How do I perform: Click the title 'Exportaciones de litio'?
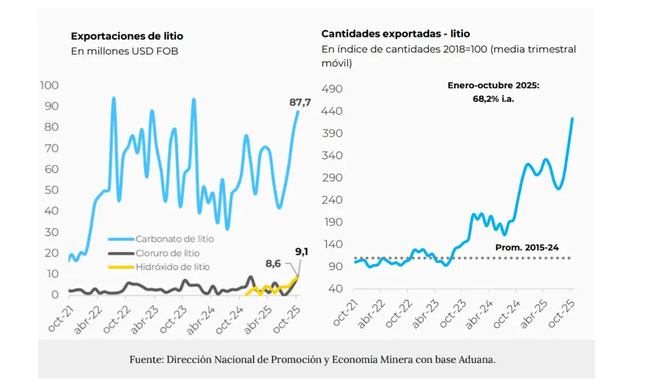point(127,36)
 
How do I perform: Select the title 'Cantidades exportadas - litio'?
point(395,34)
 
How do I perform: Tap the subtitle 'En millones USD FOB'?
point(124,51)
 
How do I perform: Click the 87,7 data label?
point(300,102)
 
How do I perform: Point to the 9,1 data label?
point(302,251)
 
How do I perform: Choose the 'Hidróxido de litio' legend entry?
point(173,266)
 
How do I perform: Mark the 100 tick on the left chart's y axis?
point(50,85)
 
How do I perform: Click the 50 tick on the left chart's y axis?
point(51,190)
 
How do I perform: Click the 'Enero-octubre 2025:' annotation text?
point(493,85)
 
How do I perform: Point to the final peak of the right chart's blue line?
point(573,118)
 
